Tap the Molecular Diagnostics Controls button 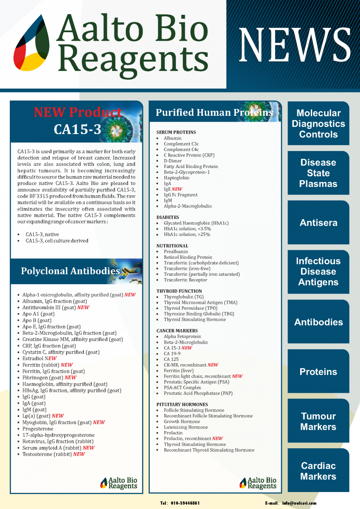(318, 124)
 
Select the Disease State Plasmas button (318, 173)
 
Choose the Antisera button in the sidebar (318, 223)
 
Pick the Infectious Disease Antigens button (318, 271)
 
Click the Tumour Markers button (318, 422)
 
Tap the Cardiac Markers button (318, 471)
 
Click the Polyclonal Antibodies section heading (70, 271)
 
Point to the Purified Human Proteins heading (214, 112)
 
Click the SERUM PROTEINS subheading (176, 132)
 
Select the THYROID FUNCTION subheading (179, 291)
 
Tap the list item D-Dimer (173, 161)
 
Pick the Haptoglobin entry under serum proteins (177, 178)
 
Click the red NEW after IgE (177, 189)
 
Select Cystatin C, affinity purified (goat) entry (61, 352)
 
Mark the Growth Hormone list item (182, 422)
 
